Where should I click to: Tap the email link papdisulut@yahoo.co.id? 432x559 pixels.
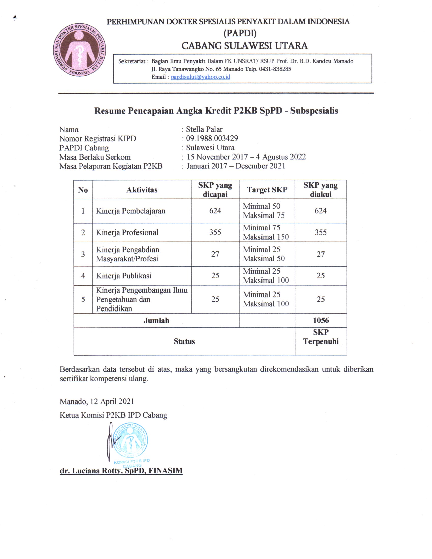click(x=200, y=77)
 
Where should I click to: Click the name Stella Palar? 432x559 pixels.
click(x=204, y=129)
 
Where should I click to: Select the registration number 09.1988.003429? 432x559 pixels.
click(x=212, y=138)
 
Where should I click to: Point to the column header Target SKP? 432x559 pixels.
click(x=267, y=190)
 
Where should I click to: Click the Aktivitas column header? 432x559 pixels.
click(x=142, y=190)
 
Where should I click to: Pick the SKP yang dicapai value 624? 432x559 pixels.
click(x=215, y=211)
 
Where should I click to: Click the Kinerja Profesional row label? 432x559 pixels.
click(x=127, y=232)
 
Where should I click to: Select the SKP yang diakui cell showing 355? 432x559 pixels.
click(x=320, y=232)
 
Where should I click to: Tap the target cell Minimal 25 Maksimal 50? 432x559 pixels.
click(x=264, y=254)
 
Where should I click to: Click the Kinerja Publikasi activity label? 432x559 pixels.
click(x=124, y=276)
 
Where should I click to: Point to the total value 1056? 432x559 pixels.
click(x=321, y=320)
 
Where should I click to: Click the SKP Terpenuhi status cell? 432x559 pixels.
click(x=321, y=337)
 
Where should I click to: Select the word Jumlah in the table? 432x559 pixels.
click(x=156, y=320)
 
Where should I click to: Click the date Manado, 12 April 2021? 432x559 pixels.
click(x=97, y=401)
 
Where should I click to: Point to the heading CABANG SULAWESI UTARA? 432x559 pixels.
click(x=244, y=45)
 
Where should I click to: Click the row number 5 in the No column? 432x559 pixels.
click(x=83, y=299)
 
